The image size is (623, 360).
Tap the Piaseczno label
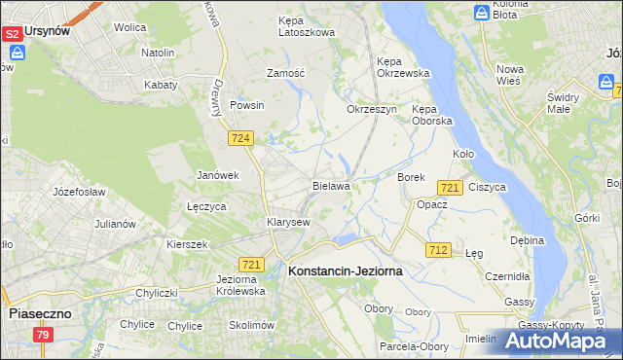[x=40, y=314]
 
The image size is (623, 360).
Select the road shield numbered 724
[x=241, y=140]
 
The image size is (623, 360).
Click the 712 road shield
[x=437, y=250]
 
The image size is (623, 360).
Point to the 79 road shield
[x=42, y=336]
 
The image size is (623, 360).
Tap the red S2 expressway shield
[x=12, y=34]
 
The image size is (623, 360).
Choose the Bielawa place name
[x=331, y=185]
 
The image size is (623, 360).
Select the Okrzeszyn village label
[x=372, y=109]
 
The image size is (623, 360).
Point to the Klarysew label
[x=288, y=222]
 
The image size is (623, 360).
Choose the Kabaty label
[x=161, y=85]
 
